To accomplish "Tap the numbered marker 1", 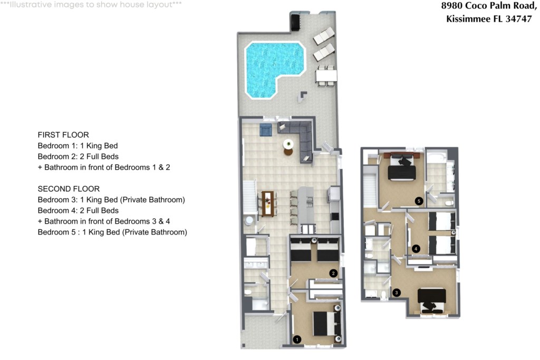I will [297, 340].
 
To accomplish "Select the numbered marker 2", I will [333, 273].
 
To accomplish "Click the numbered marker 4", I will [416, 248].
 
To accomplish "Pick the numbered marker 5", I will [419, 201].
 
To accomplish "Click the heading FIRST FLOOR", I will [63, 134].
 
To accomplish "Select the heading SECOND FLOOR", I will [69, 189].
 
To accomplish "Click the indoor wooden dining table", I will [268, 203].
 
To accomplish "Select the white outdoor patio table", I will [325, 76].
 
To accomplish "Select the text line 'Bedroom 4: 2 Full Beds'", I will [78, 210].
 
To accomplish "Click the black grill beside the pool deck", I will [295, 23].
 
